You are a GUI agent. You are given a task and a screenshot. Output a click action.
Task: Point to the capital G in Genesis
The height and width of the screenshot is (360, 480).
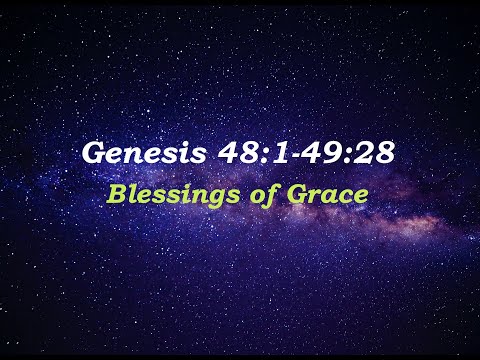(94, 155)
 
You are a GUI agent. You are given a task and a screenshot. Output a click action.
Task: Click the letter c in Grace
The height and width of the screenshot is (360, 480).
(340, 192)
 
